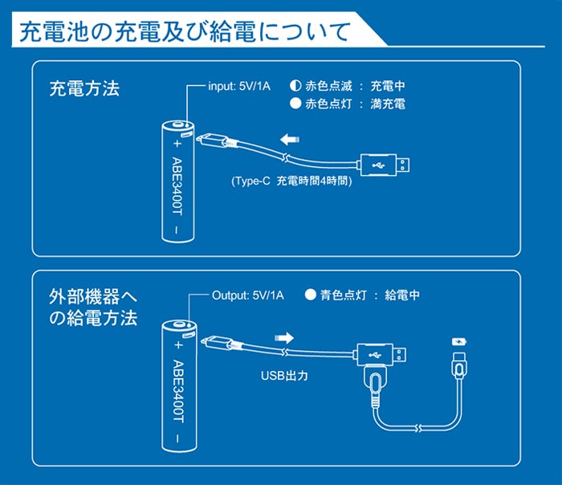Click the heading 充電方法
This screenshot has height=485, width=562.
pyautogui.click(x=84, y=88)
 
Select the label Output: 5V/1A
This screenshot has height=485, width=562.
pyautogui.click(x=248, y=295)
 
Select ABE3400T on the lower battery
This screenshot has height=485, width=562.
pyautogui.click(x=178, y=389)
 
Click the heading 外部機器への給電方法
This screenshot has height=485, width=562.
pyautogui.click(x=93, y=307)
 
